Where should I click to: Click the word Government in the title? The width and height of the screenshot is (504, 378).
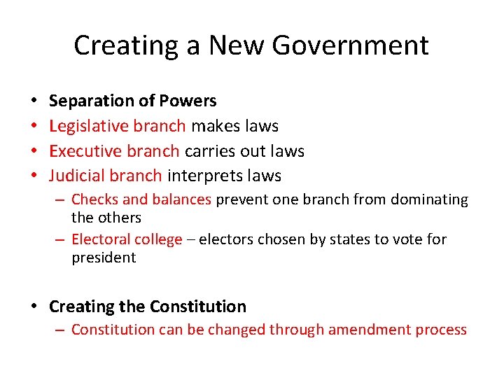click(350, 46)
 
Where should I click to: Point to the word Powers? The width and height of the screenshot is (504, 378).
click(188, 101)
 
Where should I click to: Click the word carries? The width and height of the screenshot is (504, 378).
click(209, 151)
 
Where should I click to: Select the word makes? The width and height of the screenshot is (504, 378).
click(214, 127)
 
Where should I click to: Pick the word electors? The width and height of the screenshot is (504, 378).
click(226, 239)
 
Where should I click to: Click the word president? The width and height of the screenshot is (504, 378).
click(104, 258)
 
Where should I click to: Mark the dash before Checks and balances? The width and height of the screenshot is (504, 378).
click(62, 200)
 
